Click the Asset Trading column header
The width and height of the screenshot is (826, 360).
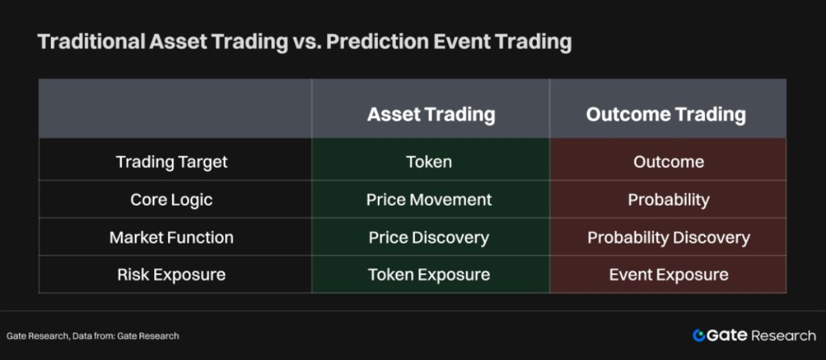point(431,114)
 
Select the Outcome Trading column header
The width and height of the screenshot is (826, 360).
point(666,114)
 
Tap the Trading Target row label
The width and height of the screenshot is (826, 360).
point(171,162)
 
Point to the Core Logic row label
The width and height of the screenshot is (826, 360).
point(171,200)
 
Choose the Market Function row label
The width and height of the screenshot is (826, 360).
point(171,237)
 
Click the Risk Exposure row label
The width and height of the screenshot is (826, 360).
point(171,275)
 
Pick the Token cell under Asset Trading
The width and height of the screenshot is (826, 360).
point(429,162)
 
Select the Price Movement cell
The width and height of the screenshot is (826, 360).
point(429,200)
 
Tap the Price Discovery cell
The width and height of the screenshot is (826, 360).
point(429,238)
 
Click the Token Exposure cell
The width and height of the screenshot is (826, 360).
point(429,275)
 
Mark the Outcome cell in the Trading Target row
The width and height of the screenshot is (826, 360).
point(668,162)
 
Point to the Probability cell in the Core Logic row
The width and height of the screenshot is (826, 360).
point(668,200)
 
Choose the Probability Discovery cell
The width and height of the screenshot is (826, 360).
point(668,238)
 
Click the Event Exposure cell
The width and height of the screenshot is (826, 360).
point(668,275)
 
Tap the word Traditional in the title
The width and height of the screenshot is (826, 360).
point(92,41)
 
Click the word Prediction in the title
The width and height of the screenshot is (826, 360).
point(378,41)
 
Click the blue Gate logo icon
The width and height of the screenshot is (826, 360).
point(699,335)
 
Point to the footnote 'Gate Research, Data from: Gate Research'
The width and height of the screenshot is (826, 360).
point(92,336)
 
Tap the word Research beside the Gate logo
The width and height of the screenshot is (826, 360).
point(783,336)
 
